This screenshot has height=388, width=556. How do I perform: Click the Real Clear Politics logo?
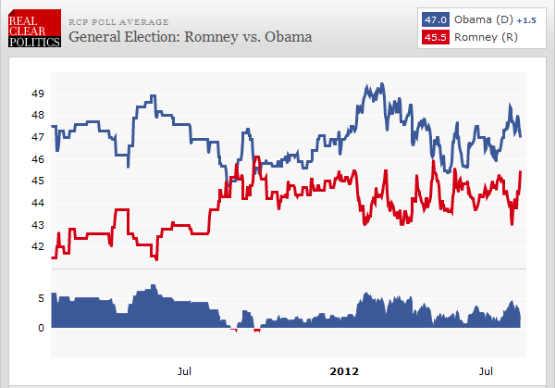pos(31,29)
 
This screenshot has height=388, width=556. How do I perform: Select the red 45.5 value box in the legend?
pos(435,38)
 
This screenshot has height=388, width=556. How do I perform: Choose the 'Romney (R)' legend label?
pos(486,38)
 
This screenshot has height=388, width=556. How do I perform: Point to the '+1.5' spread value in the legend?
pos(525,20)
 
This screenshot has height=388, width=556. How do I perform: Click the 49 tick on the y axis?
pos(39,94)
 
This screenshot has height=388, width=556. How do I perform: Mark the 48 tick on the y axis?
pos(39,115)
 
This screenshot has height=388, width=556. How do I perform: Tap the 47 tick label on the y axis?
pos(39,137)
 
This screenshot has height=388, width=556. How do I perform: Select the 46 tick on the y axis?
pos(39,159)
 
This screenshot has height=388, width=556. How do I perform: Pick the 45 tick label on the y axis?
pos(39,181)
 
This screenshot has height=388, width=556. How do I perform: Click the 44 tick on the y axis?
pos(39,203)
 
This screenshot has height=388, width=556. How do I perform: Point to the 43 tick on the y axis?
pos(39,225)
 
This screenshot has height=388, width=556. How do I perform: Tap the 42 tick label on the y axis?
pos(39,246)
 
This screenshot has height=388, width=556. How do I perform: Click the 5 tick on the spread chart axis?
pos(42,298)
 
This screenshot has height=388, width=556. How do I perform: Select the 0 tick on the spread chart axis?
pos(42,328)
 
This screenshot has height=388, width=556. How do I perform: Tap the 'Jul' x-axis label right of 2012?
pos(486,371)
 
